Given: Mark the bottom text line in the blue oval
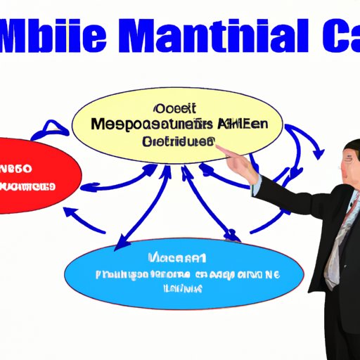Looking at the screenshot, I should point(184,288).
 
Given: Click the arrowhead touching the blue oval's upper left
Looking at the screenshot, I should point(120,243).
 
